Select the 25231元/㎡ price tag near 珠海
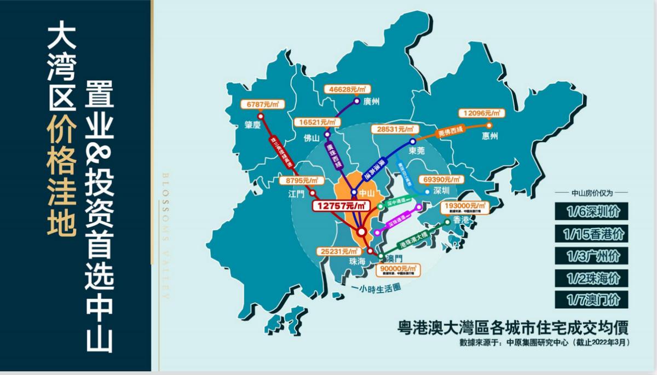point(335,251)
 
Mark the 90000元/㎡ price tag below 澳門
point(399,269)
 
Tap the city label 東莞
point(417,151)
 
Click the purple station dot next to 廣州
point(356,101)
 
